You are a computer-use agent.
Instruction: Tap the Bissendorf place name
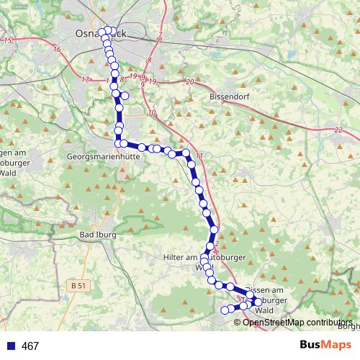228,96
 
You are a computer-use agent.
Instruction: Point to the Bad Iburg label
96,235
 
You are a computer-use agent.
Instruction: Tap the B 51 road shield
81,286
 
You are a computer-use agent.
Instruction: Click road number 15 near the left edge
8,40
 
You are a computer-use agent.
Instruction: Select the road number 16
56,50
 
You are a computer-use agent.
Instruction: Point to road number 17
86,79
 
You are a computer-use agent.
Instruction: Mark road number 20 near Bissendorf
189,83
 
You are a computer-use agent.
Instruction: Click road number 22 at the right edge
338,130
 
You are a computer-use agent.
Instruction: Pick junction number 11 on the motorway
199,156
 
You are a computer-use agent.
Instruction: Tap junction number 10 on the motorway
151,113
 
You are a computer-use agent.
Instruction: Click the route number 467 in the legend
30,346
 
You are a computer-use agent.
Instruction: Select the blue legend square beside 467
11,346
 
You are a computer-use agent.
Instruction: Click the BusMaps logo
321,346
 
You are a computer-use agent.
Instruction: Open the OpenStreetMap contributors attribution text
298,322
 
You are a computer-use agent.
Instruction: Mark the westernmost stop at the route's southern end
224,310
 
